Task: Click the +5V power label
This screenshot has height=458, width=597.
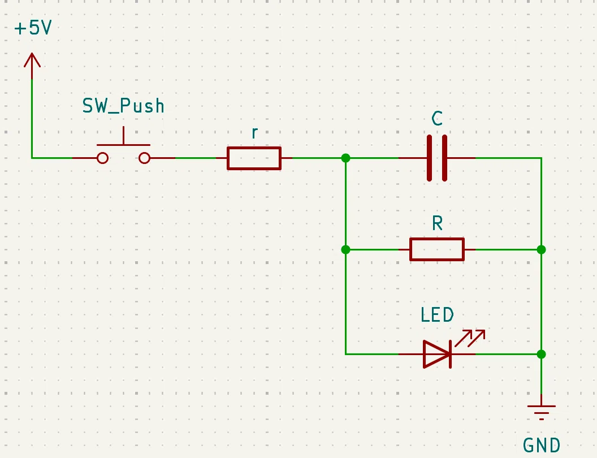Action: point(33,28)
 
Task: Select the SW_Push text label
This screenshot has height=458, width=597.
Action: point(123,106)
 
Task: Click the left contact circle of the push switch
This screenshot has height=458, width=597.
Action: point(102,158)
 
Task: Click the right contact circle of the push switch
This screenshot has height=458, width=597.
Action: point(144,158)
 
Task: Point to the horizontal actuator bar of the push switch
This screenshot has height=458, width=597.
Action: point(123,145)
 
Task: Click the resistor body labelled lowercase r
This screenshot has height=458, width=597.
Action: point(254,158)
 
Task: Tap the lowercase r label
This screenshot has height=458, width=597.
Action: point(255,133)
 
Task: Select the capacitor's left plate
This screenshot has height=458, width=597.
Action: point(430,158)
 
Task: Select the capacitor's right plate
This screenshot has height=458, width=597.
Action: point(444,158)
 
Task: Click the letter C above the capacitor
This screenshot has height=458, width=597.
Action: point(437,118)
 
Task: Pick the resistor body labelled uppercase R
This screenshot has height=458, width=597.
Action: point(436,250)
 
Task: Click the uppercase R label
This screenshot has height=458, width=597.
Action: point(438,223)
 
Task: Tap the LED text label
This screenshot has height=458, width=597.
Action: point(437,316)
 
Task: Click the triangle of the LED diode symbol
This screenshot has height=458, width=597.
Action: point(436,355)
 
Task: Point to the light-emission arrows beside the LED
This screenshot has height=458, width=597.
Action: point(470,338)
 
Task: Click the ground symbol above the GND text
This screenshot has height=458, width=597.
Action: point(542,410)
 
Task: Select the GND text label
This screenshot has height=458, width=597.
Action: point(542,445)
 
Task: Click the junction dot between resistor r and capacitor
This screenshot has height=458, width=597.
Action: point(346,158)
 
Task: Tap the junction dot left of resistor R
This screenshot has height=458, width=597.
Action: point(346,250)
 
